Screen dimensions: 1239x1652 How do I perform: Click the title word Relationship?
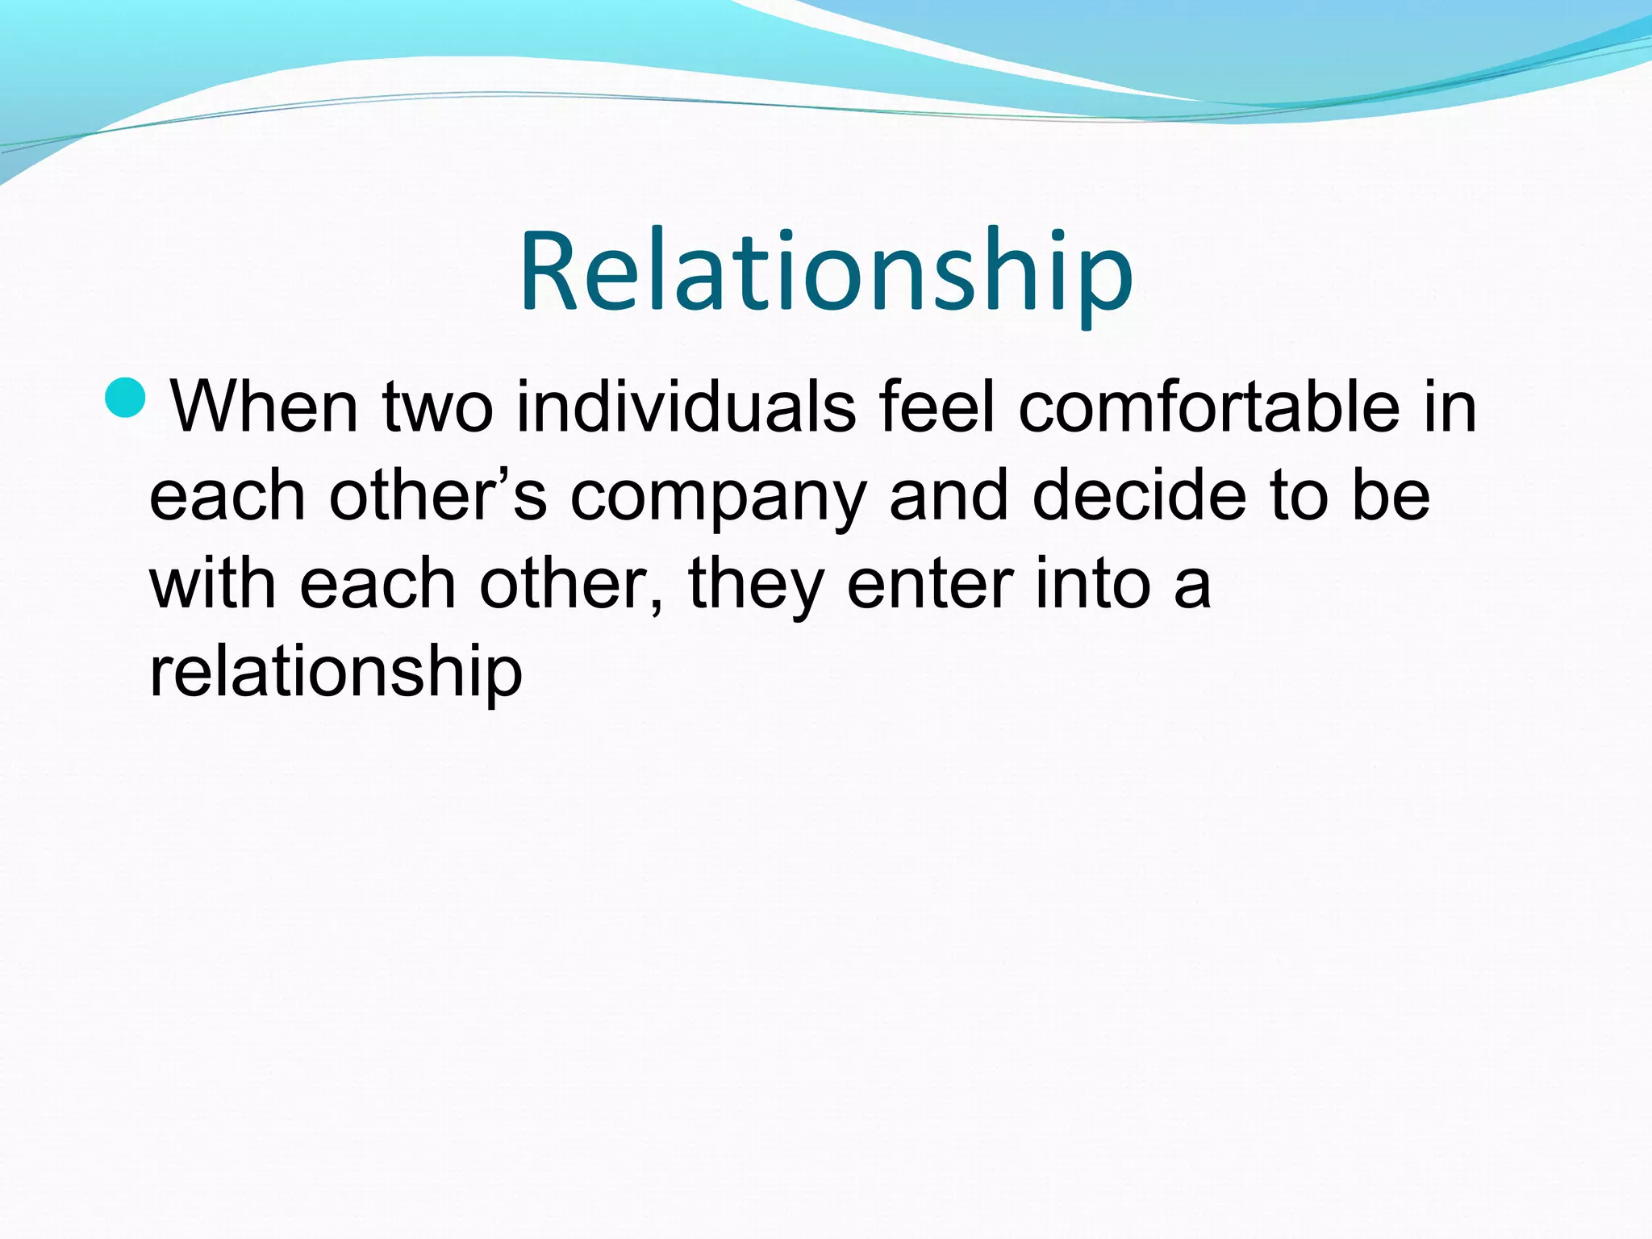tap(826, 270)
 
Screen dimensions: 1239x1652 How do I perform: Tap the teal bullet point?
tap(126, 398)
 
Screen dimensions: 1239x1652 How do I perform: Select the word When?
tap(265, 407)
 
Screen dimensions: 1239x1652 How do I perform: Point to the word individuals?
tap(686, 407)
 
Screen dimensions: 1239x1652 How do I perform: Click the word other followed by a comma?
tap(571, 583)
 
